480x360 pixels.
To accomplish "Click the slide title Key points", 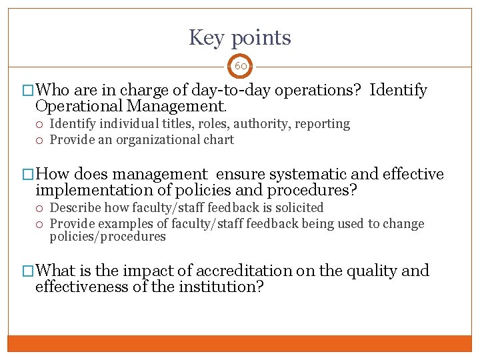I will [240, 37].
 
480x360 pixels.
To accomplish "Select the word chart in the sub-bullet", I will [219, 139].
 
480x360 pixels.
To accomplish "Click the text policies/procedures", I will [107, 237].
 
